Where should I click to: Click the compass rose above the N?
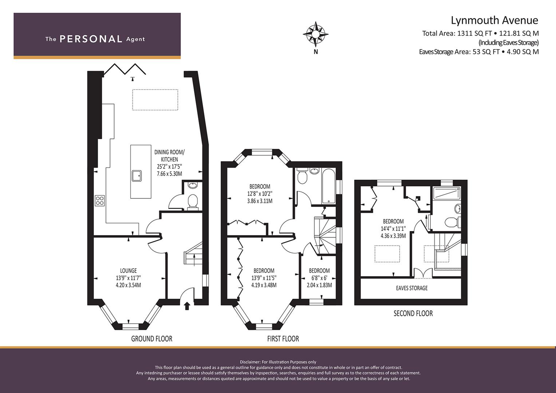(x=316, y=34)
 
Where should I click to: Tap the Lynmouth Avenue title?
(x=494, y=20)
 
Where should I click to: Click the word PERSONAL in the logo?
(x=91, y=39)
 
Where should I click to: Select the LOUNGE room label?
(x=128, y=270)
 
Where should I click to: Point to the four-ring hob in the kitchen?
(x=99, y=201)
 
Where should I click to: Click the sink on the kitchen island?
(x=137, y=176)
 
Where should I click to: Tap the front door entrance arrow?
(x=187, y=306)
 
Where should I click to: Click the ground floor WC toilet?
(x=193, y=202)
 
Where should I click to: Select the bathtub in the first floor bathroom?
(x=328, y=186)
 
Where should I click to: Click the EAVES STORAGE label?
(x=412, y=288)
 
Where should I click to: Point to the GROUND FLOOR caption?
(x=152, y=339)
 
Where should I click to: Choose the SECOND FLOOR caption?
(x=413, y=313)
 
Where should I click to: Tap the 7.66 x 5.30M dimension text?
(x=169, y=174)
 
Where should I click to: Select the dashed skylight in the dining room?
(x=155, y=100)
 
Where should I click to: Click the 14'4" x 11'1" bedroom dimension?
(x=393, y=228)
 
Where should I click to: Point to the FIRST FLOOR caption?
(x=283, y=339)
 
